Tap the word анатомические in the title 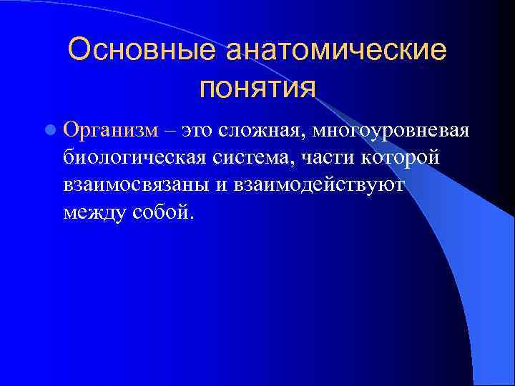335,51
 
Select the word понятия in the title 257,88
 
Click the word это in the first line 199,131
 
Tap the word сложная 263,131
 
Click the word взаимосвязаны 139,185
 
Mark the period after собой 190,217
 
